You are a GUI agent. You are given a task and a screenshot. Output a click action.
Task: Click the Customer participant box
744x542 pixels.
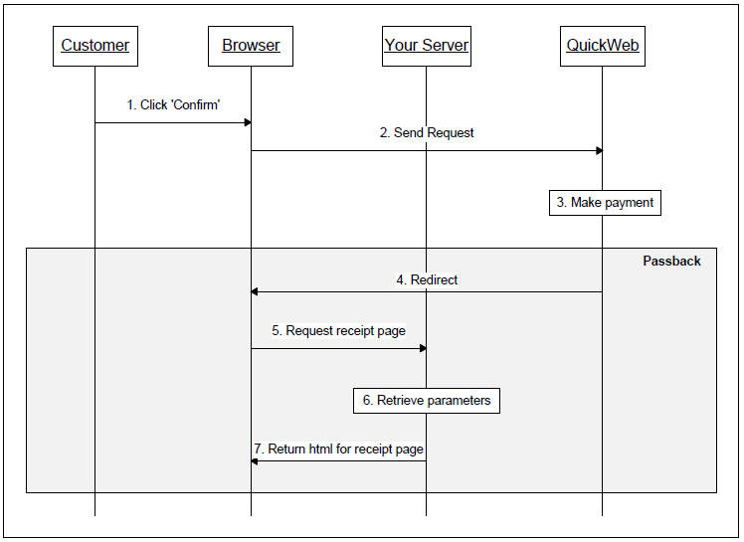94,46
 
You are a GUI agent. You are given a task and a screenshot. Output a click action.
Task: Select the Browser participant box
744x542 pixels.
251,46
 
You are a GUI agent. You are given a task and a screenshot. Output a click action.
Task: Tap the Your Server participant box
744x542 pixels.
427,46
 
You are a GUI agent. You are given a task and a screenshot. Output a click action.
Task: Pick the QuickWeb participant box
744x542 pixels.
603,46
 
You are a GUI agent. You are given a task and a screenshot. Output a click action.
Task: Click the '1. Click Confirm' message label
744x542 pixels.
173,104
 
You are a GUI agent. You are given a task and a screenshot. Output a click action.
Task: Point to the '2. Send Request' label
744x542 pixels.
427,132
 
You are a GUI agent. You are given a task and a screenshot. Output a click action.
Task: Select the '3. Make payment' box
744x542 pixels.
605,203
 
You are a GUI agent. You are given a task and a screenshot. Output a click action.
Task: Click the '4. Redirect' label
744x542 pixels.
427,280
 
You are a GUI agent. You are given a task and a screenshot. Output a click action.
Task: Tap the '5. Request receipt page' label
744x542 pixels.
338,331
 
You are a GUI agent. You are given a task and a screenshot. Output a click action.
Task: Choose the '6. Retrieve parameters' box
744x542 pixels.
427,401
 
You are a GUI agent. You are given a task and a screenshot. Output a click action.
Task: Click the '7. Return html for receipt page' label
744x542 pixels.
338,450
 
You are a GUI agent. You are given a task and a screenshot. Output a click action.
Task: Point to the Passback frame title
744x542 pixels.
671,262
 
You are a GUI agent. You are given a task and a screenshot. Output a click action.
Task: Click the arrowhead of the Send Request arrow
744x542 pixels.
599,151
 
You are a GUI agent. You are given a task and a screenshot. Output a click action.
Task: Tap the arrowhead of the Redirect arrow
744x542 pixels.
255,292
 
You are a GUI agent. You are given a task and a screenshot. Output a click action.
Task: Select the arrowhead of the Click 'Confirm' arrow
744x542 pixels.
247,122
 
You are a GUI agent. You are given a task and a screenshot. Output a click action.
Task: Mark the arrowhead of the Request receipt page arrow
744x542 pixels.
423,348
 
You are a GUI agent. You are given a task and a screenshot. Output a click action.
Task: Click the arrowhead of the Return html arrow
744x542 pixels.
255,461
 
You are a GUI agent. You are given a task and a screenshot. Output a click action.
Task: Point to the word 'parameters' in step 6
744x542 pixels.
458,401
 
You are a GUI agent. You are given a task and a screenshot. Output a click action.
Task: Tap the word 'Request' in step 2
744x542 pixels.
450,132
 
